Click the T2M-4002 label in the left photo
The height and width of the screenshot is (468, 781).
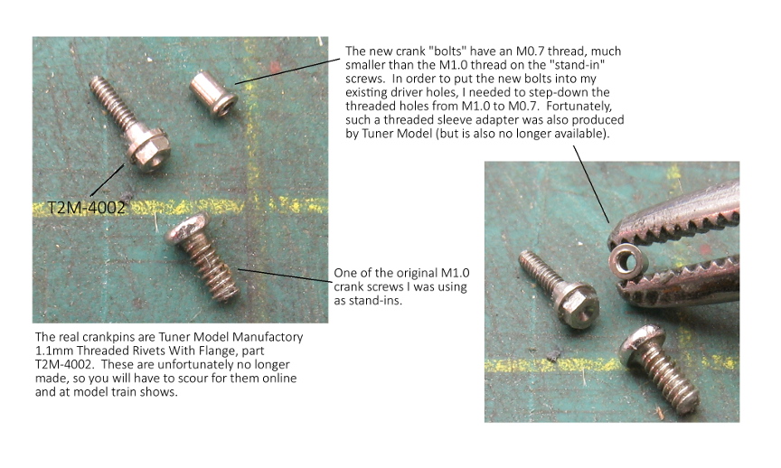(86, 207)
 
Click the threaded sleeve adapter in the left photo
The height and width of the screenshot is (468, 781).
(213, 93)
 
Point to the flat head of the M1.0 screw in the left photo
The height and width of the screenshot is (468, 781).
(188, 228)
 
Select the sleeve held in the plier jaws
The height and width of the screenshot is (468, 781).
(628, 260)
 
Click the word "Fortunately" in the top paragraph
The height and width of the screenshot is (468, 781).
(579, 106)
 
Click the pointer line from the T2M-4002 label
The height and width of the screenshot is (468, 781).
(107, 180)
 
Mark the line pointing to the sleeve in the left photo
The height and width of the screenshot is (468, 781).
(287, 71)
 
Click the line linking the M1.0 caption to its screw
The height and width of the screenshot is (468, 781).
(285, 276)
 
